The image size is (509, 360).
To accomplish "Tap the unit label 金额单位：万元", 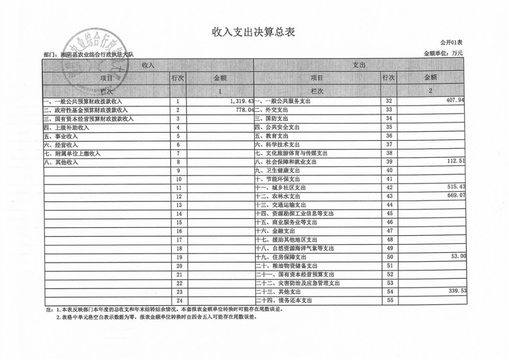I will pyautogui.click(x=443, y=53).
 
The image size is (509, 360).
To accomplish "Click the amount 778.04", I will pyautogui.click(x=244, y=109).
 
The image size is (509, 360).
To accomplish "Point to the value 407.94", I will pyautogui.click(x=455, y=100).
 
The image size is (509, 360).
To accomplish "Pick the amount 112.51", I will pyautogui.click(x=455, y=161).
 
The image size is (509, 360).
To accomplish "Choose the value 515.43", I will pyautogui.click(x=455, y=187).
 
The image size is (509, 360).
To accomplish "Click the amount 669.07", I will pyautogui.click(x=455, y=195).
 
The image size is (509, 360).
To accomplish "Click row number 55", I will pyautogui.click(x=389, y=300).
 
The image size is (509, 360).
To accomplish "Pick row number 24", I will pyautogui.click(x=179, y=300).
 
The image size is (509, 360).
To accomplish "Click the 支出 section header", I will pyautogui.click(x=359, y=65).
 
